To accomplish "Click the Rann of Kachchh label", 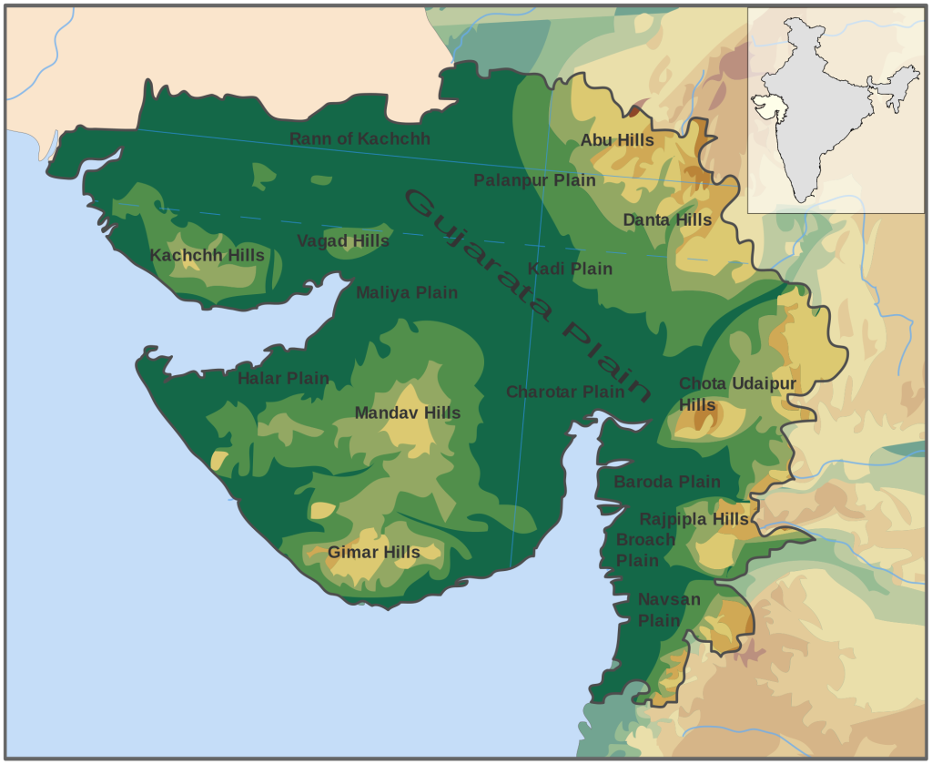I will [x=360, y=138].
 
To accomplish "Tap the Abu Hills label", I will [x=617, y=139].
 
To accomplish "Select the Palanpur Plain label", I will [x=534, y=180].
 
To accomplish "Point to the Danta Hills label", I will [x=667, y=219].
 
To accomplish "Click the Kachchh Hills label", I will [x=207, y=255].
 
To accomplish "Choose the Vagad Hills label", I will [x=342, y=241].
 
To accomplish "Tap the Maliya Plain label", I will [x=406, y=292].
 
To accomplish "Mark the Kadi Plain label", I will [x=570, y=269].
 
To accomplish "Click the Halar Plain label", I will [x=283, y=378].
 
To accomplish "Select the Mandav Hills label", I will [x=407, y=413].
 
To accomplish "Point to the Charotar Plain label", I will [x=565, y=392].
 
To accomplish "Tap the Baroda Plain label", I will [x=666, y=482].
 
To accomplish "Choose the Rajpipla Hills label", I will [x=694, y=519].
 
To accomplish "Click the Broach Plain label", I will [x=644, y=549].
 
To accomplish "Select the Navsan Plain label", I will [x=668, y=609].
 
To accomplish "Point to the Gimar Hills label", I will [x=373, y=552].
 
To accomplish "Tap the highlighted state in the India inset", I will [x=775, y=107].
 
